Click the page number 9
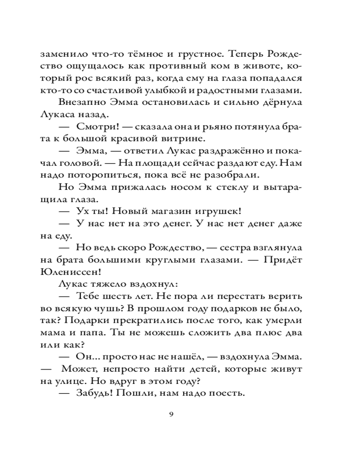pyautogui.click(x=171, y=414)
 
